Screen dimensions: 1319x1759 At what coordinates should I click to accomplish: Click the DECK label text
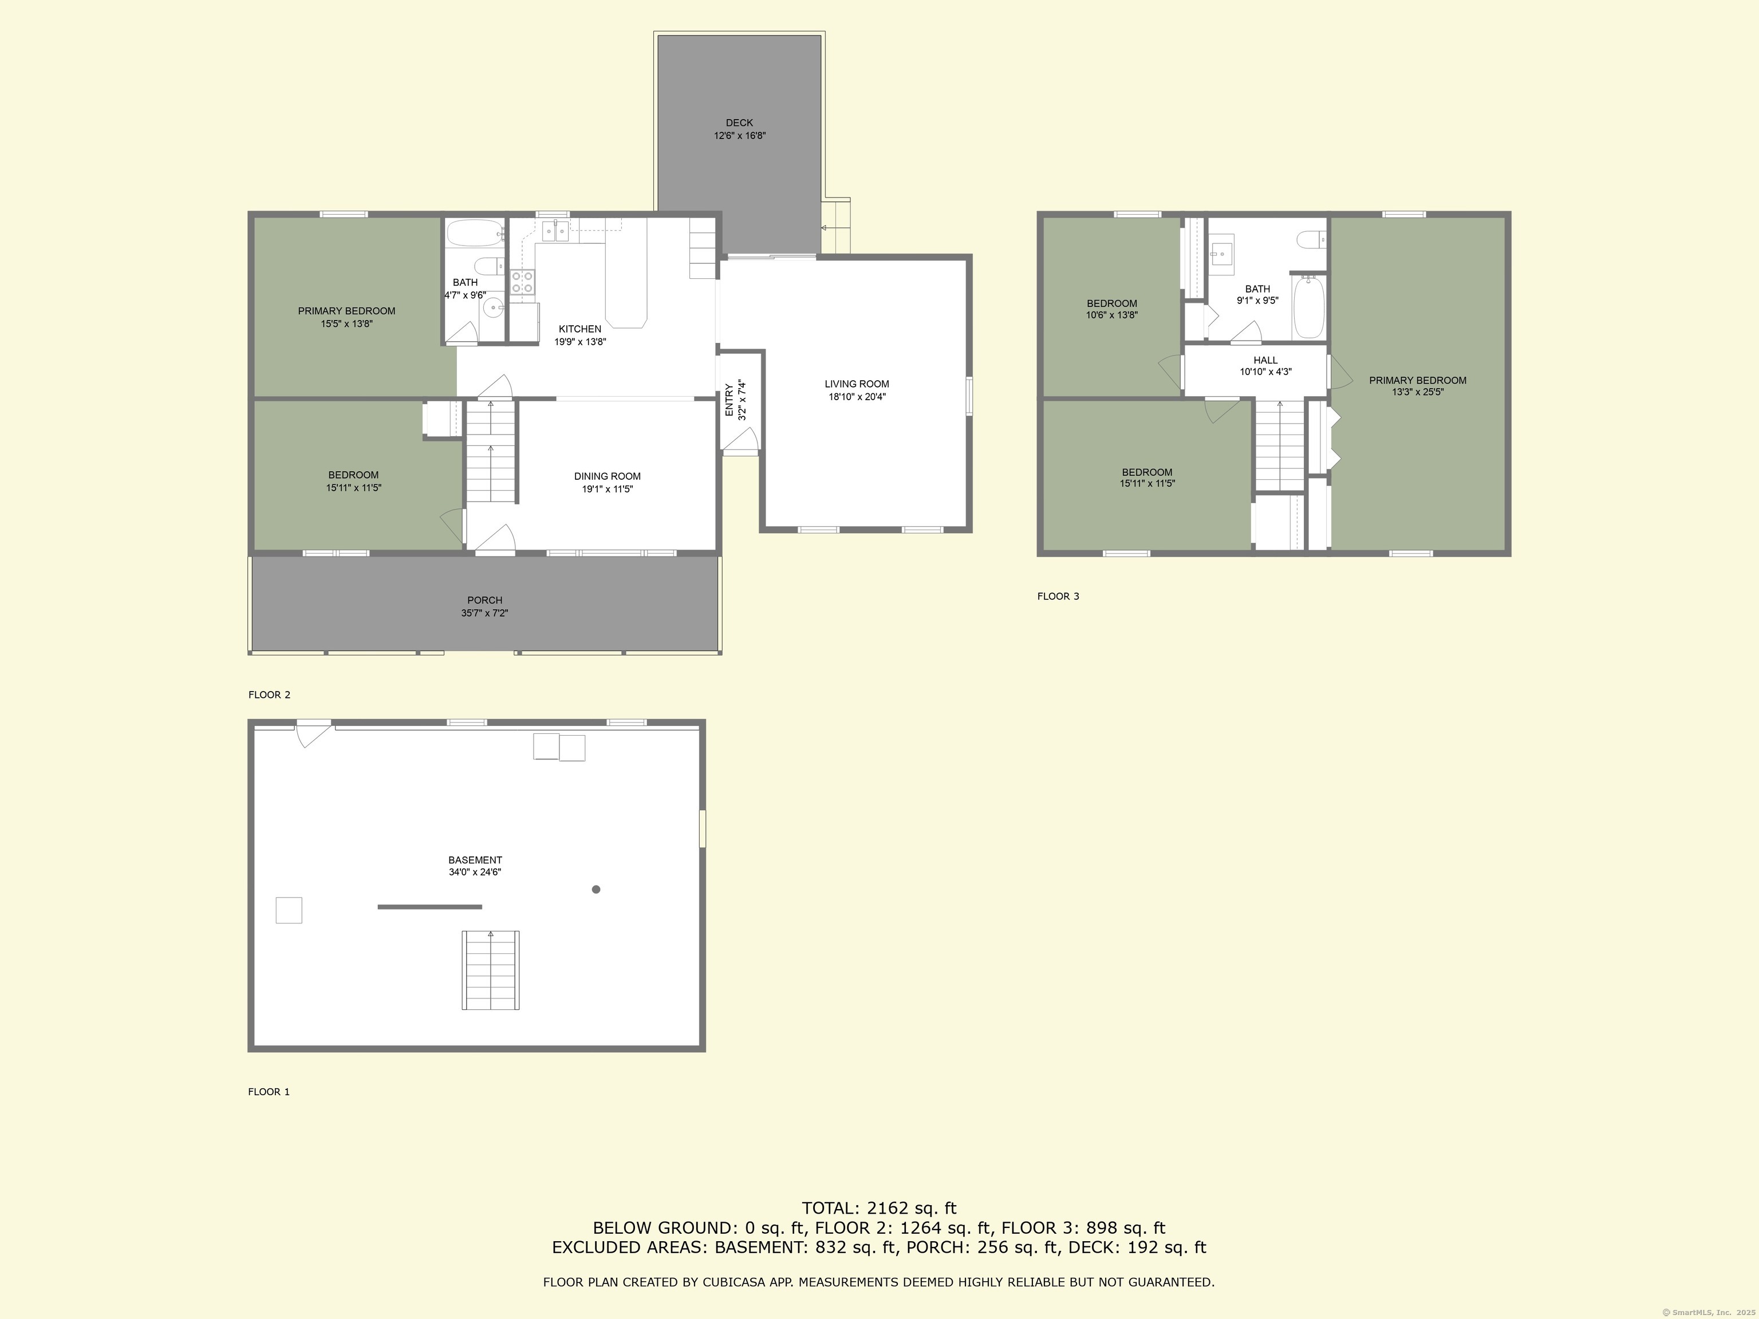[x=739, y=123]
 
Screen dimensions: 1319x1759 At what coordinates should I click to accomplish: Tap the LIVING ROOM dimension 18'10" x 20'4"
[x=857, y=397]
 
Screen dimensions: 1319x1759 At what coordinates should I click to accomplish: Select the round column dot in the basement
[x=595, y=889]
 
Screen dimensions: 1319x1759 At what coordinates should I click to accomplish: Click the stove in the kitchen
[x=522, y=282]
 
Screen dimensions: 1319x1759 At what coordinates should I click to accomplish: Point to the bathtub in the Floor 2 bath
[x=474, y=233]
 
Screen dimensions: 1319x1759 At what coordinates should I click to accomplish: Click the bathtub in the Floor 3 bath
[x=1308, y=307]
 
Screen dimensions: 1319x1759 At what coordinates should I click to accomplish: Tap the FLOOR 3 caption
[x=1058, y=597]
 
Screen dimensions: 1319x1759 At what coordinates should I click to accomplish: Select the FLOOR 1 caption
[x=269, y=1092]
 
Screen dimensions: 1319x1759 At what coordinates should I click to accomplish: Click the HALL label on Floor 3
[x=1265, y=360]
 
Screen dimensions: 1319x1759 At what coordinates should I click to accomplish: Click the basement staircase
[x=491, y=970]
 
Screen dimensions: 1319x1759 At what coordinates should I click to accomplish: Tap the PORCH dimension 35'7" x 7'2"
[x=484, y=613]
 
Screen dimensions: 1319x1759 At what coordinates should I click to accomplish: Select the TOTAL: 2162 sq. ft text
[x=879, y=1209]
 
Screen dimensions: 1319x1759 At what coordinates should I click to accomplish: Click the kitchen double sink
[x=555, y=231]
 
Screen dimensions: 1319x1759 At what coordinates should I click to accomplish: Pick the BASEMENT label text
[x=475, y=859]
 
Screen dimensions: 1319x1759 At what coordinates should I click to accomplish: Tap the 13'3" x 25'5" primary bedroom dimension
[x=1417, y=392]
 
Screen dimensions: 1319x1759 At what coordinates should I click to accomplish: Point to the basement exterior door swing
[x=313, y=734]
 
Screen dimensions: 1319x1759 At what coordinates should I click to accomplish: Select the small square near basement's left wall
[x=289, y=910]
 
